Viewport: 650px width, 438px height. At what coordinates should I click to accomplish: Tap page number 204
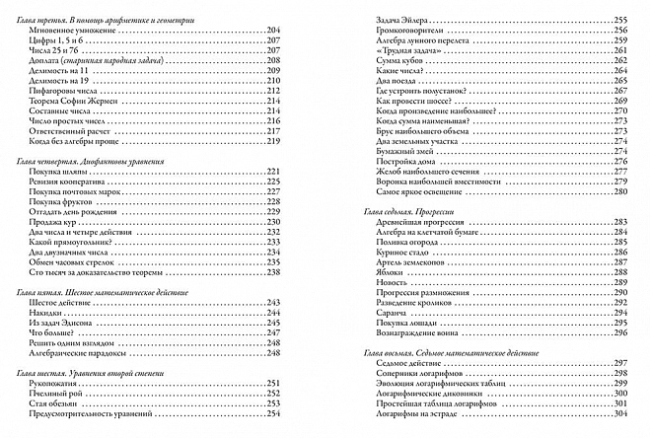point(274,32)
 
